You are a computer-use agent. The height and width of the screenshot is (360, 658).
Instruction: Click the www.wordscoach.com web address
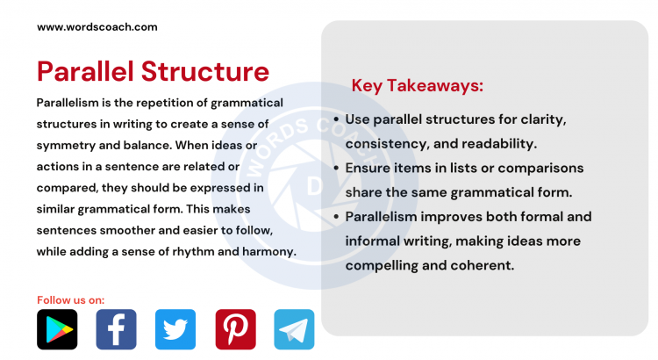pyautogui.click(x=97, y=26)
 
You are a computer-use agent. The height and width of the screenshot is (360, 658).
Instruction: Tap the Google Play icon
pyautogui.click(x=57, y=329)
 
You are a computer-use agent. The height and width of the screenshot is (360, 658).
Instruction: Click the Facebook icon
pyautogui.click(x=116, y=329)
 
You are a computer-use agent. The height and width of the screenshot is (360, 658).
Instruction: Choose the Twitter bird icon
pyautogui.click(x=175, y=329)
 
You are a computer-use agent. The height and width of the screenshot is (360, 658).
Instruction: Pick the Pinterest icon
pyautogui.click(x=235, y=329)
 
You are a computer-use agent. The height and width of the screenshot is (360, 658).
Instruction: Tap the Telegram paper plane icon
pyautogui.click(x=294, y=329)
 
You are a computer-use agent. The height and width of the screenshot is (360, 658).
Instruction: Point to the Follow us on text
pyautogui.click(x=70, y=299)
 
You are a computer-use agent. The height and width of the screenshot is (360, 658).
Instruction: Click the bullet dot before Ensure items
pyautogui.click(x=338, y=168)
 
